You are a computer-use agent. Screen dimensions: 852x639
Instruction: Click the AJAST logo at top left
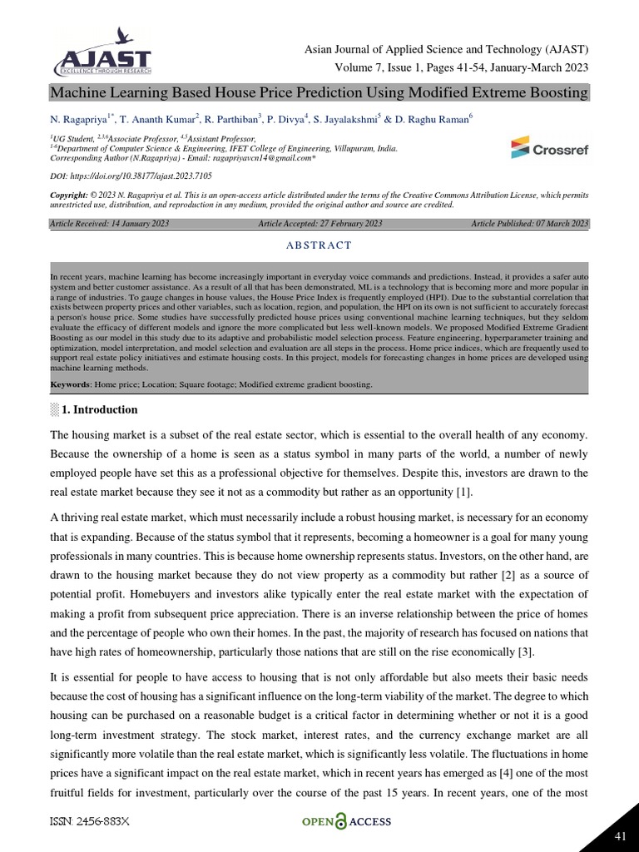pos(102,53)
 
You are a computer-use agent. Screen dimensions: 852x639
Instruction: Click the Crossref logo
pos(550,149)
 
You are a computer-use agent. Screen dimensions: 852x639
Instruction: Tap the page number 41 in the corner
pos(619,835)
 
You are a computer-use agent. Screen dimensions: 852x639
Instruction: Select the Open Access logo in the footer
pos(345,822)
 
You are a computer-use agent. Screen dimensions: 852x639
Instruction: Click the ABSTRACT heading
pos(319,245)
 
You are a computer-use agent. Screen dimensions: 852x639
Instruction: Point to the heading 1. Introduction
pos(100,410)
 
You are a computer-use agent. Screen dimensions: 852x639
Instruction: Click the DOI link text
pos(131,176)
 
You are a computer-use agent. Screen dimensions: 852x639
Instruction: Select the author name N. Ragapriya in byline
pos(80,120)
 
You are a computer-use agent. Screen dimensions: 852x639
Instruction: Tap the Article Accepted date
pos(320,224)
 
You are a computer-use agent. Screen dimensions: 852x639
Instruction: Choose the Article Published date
pos(530,224)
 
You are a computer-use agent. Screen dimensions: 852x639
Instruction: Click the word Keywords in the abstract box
pos(70,385)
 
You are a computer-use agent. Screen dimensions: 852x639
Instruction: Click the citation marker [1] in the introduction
pos(463,493)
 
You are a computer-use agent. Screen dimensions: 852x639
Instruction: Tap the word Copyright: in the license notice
pos(69,194)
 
